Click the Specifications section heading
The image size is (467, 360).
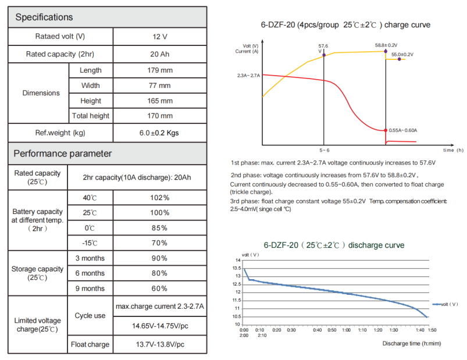[x=44, y=17]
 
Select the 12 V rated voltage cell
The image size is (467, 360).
[x=159, y=37]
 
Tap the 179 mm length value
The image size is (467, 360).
[x=159, y=70]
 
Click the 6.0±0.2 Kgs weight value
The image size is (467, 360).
[x=159, y=133]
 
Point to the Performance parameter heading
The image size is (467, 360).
[x=62, y=154]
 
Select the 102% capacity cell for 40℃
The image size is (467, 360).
[x=159, y=198]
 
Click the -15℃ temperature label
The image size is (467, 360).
[x=90, y=243]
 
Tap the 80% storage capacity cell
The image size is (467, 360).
[x=159, y=273]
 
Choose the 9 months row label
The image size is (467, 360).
[x=90, y=288]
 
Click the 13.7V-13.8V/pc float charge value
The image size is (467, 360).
[x=159, y=345]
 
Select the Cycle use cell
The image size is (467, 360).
[x=90, y=315]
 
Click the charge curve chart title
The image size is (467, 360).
[x=345, y=26]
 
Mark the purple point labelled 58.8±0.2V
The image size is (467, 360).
[x=385, y=52]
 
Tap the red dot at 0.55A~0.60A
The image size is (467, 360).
[x=385, y=130]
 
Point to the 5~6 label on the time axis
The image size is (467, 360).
[x=324, y=151]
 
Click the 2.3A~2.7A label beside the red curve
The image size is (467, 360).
[x=248, y=76]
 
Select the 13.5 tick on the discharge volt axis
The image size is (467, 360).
[x=237, y=268]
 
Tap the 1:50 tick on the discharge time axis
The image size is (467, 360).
[x=432, y=330]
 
